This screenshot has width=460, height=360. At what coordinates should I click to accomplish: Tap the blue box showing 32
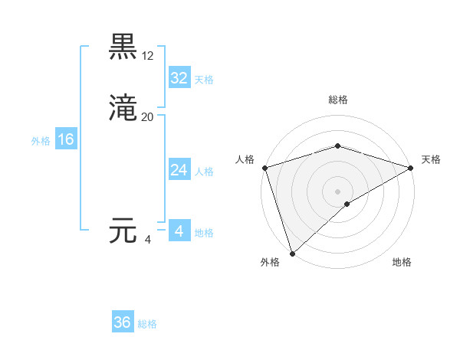179,78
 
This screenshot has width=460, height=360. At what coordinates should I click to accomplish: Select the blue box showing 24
179,170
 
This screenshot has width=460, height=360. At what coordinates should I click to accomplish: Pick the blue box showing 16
66,139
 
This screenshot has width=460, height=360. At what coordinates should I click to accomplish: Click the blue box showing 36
123,322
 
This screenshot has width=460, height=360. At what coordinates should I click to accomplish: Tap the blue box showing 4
179,231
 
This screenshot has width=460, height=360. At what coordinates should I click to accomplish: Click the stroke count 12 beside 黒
148,56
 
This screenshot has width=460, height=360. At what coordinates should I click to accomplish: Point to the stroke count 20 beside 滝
148,117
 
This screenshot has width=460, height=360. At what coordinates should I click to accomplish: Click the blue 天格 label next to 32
204,80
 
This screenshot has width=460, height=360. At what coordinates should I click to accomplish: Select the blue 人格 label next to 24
204,172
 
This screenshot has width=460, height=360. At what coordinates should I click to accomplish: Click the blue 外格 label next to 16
41,141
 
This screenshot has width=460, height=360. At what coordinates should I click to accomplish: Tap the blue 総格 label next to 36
147,324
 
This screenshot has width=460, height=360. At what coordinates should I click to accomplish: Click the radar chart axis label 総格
337,100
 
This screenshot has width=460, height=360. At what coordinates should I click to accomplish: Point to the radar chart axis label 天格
431,159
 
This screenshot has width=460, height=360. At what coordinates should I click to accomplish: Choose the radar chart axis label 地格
402,262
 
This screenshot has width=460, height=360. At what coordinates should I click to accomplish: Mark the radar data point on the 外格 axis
291,253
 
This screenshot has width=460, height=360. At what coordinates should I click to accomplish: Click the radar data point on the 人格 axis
264,168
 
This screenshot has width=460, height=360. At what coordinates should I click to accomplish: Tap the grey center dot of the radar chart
337,191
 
